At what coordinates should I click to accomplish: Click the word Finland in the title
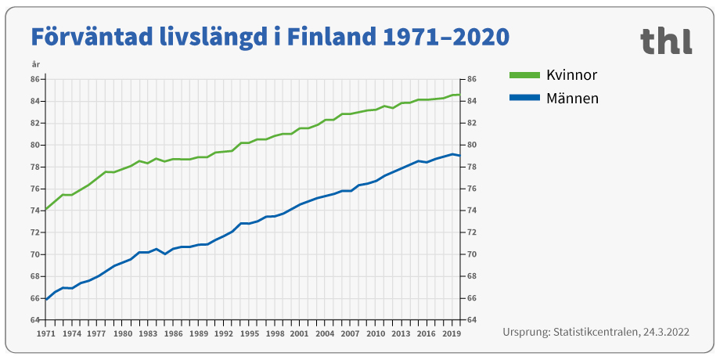point(326,36)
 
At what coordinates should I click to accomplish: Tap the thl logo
point(665,41)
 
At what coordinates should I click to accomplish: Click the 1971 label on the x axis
point(46,333)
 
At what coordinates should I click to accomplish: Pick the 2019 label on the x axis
point(452,333)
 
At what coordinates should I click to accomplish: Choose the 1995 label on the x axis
point(249,333)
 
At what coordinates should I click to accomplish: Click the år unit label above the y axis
point(35,65)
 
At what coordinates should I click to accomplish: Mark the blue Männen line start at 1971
point(46,300)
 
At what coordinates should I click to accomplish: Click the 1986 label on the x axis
point(173,333)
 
